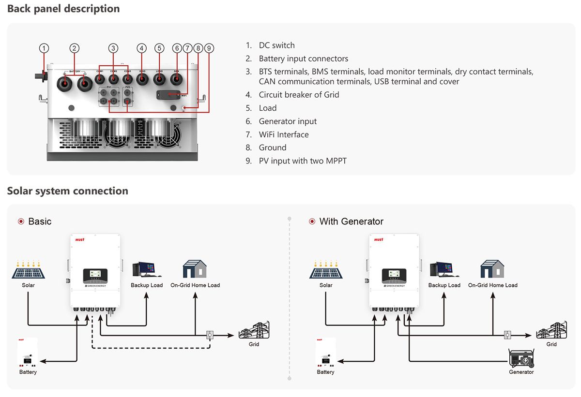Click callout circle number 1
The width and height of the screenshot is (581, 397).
tap(44, 48)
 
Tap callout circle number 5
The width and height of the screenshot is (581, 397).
tap(159, 48)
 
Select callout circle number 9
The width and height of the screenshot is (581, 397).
tap(209, 48)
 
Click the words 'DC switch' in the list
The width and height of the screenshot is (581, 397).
tap(276, 45)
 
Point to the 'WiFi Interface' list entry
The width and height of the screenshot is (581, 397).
tap(283, 134)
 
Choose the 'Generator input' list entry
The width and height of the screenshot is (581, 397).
tap(288, 121)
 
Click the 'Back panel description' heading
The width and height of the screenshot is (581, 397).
tap(63, 9)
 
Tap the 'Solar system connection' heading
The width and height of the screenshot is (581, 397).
tap(68, 191)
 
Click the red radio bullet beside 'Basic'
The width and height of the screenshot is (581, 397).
tap(21, 221)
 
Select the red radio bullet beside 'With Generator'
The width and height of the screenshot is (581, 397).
tap(312, 221)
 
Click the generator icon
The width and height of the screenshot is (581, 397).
tap(521, 358)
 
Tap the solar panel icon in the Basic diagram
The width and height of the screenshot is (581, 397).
tap(29, 270)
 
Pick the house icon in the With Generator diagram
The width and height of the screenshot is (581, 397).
tap(492, 269)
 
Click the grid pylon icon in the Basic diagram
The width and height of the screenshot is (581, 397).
tap(254, 331)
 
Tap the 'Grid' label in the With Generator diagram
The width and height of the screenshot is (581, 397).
tap(551, 344)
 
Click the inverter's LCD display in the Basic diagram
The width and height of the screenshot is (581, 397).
tap(95, 275)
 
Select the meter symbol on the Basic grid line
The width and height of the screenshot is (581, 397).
tap(210, 334)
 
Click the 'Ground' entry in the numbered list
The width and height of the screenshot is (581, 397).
tap(273, 147)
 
